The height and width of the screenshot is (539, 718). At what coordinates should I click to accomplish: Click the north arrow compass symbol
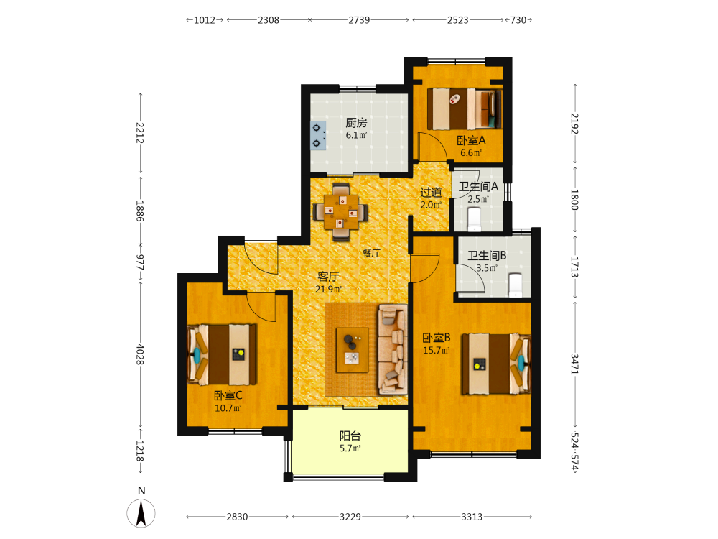pos(141,513)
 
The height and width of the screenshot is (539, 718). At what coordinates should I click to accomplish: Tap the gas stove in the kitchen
pos(318,136)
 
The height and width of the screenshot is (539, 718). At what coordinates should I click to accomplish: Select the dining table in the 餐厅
pos(340,211)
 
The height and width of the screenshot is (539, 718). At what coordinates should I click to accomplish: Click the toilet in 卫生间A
pos(474,219)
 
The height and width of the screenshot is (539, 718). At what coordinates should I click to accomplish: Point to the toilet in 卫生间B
pos(516,285)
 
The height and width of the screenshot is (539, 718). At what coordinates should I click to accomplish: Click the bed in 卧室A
pos(465,109)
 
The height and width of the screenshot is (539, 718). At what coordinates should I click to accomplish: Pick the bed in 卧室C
pos(222,355)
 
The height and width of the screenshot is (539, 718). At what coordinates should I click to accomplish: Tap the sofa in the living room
pos(393,350)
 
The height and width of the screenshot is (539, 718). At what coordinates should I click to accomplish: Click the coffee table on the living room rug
pos(353,350)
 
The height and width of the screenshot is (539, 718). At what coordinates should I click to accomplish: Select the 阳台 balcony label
pos(350,436)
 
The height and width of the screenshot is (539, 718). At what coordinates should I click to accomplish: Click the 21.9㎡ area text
pos(328,289)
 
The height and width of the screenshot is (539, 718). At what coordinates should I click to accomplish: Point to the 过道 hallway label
pos(431,193)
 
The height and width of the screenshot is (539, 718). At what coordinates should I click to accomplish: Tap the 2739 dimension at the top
pos(359,19)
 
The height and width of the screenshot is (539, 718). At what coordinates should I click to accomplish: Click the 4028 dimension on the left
pos(140,354)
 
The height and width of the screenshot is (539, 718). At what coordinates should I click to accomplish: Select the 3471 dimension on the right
pos(574,364)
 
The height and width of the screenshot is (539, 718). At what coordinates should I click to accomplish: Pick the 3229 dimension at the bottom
pos(350,517)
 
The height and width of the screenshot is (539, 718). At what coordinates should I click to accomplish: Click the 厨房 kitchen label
pos(356,123)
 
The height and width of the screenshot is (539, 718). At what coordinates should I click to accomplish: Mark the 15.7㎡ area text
pos(437,351)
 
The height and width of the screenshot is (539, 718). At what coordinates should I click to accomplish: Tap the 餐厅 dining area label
pos(371,253)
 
